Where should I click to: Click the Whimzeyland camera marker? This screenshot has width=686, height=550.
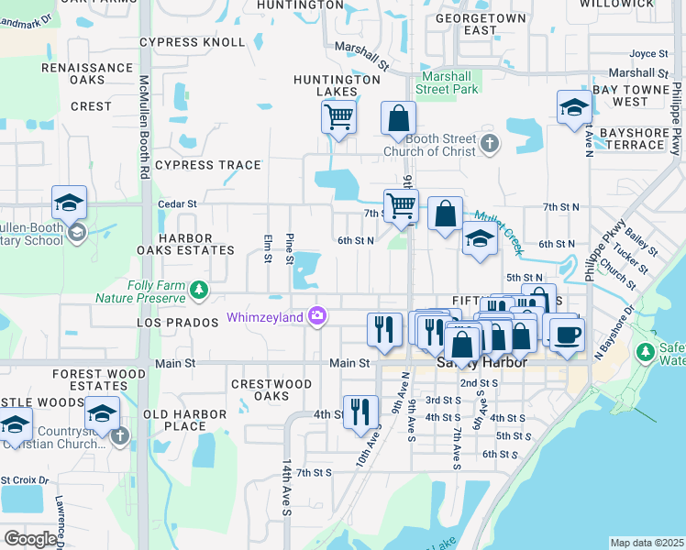click(x=317, y=315)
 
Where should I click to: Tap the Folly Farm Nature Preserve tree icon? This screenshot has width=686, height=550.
click(x=198, y=291)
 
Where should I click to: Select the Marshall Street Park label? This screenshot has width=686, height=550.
click(x=447, y=82)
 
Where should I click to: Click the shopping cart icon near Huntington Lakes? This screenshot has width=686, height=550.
click(x=338, y=117)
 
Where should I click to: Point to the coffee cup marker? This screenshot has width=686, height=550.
click(x=568, y=331)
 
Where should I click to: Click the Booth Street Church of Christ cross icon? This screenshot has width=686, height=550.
click(x=491, y=143)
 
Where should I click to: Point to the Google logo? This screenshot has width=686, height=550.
click(x=29, y=538)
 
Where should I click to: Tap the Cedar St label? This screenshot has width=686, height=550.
click(x=177, y=203)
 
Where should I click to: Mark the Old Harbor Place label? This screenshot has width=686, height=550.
click(x=185, y=420)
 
